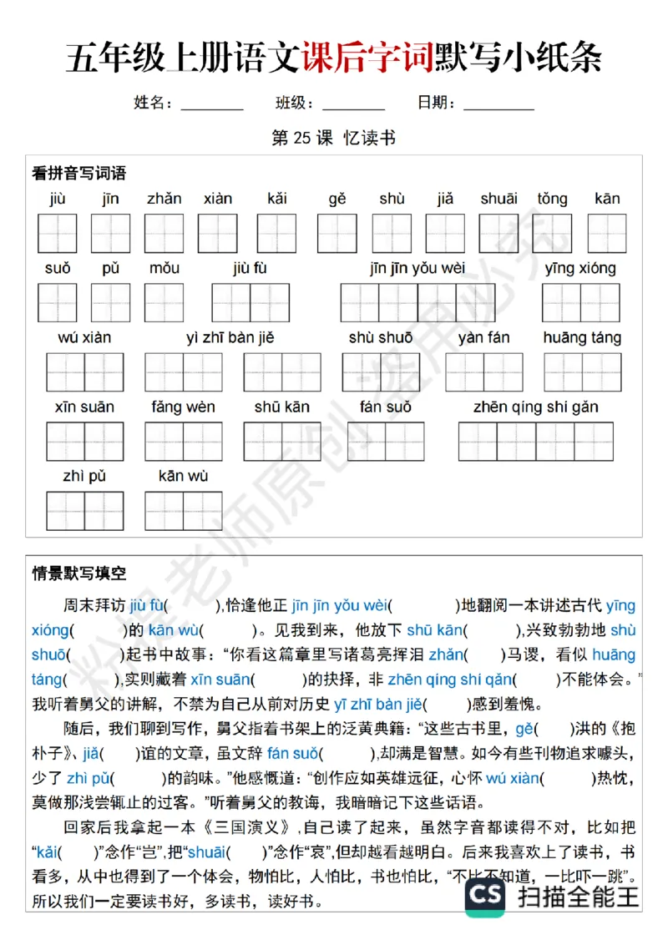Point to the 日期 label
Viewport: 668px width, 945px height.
[436, 104]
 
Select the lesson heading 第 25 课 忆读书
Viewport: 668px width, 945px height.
[333, 139]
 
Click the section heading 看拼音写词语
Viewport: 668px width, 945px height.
[78, 174]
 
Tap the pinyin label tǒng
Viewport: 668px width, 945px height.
[552, 199]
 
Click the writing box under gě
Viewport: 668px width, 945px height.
[337, 234]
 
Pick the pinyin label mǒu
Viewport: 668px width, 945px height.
[164, 269]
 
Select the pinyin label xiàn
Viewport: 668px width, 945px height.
[218, 199]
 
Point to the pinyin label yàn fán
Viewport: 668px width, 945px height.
[483, 338]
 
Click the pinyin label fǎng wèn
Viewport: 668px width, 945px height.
[183, 407]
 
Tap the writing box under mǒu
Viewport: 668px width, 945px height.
[164, 303]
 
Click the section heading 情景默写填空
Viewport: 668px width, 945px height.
[78, 574]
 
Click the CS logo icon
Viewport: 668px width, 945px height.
[485, 897]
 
